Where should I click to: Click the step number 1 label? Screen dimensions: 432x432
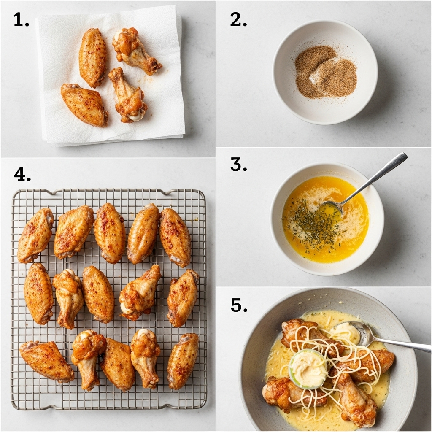(21, 20)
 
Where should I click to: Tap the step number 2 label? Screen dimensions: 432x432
(238, 20)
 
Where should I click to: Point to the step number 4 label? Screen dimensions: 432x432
(22, 174)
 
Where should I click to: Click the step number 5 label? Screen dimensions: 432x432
(239, 305)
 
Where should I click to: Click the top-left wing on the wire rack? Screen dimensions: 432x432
(35, 235)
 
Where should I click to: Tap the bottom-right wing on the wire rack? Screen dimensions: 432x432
(182, 361)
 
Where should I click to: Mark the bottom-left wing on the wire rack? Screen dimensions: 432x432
(46, 361)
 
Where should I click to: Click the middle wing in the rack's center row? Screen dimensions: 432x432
(97, 294)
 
